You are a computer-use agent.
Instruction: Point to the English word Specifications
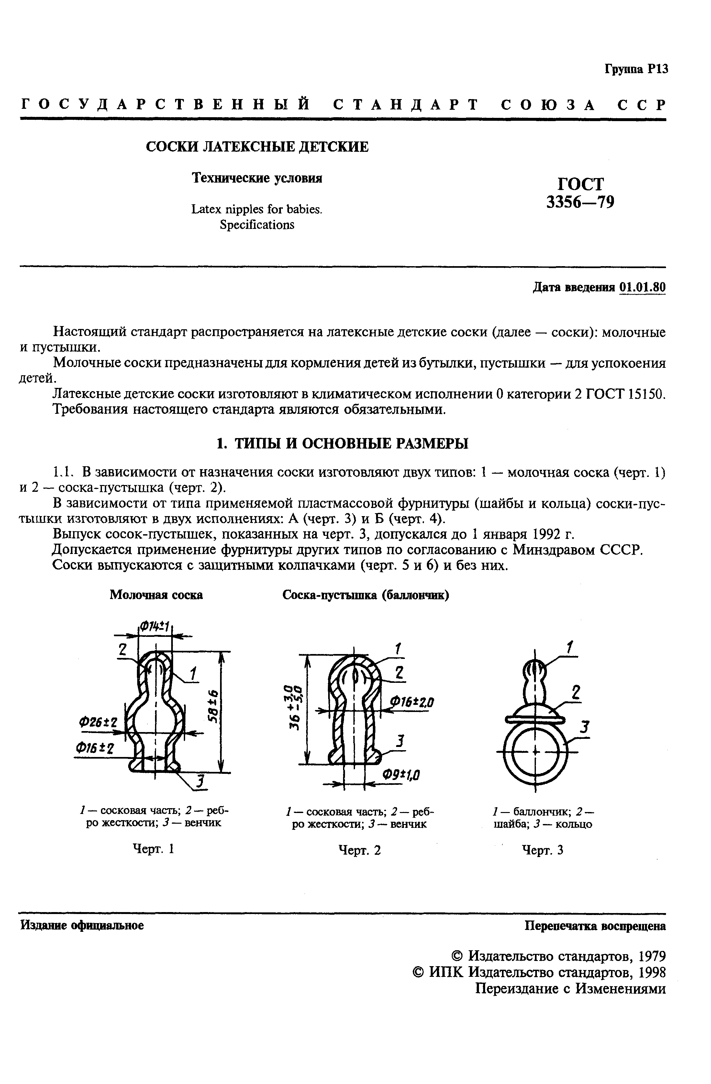257,225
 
